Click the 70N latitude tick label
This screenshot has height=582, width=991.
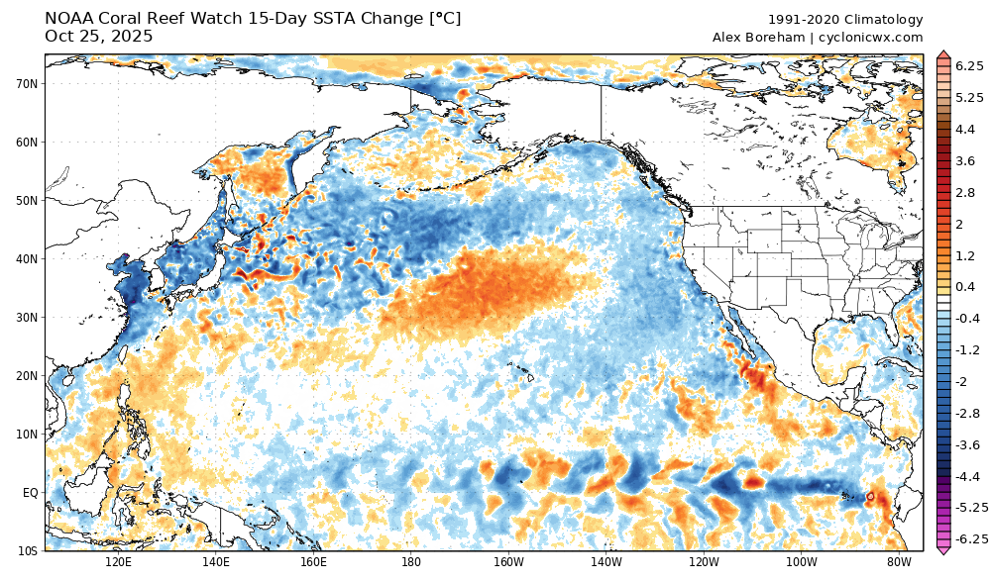pos(27,84)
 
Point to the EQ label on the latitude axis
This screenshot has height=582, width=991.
pos(30,492)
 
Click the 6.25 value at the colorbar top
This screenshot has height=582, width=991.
pos(969,64)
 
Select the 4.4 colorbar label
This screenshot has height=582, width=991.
pos(964,130)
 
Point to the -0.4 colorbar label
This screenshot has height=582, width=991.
pos(967,318)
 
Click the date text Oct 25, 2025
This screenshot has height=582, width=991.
pos(99,37)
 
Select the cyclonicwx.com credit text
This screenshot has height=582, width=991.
pos(871,38)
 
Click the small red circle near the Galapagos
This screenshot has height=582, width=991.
pos(869,495)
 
